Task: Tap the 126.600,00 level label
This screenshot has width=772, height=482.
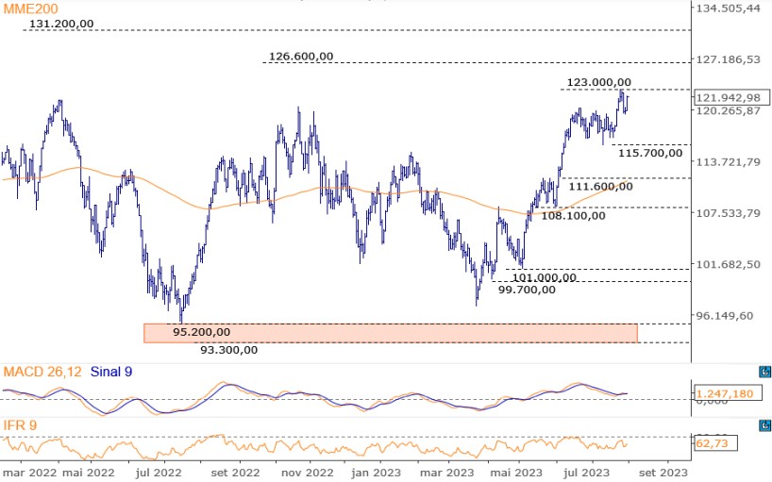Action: pyautogui.click(x=301, y=56)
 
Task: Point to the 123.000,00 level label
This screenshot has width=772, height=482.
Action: pyautogui.click(x=599, y=83)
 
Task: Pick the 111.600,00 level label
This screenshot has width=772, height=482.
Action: pyautogui.click(x=600, y=186)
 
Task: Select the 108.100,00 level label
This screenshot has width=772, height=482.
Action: pyautogui.click(x=569, y=215)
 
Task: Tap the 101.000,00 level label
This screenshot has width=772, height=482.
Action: pyautogui.click(x=544, y=277)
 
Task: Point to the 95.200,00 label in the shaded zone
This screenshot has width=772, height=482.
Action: pyautogui.click(x=201, y=332)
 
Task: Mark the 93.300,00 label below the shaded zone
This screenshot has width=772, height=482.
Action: pyautogui.click(x=229, y=349)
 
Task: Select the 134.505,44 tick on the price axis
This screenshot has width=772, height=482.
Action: pyautogui.click(x=728, y=8)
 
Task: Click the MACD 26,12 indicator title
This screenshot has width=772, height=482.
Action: pyautogui.click(x=42, y=372)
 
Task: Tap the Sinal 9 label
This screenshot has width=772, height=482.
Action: pyautogui.click(x=111, y=372)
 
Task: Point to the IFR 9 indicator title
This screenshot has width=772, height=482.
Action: pyautogui.click(x=20, y=425)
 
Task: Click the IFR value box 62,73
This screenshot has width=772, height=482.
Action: pyautogui.click(x=714, y=441)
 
